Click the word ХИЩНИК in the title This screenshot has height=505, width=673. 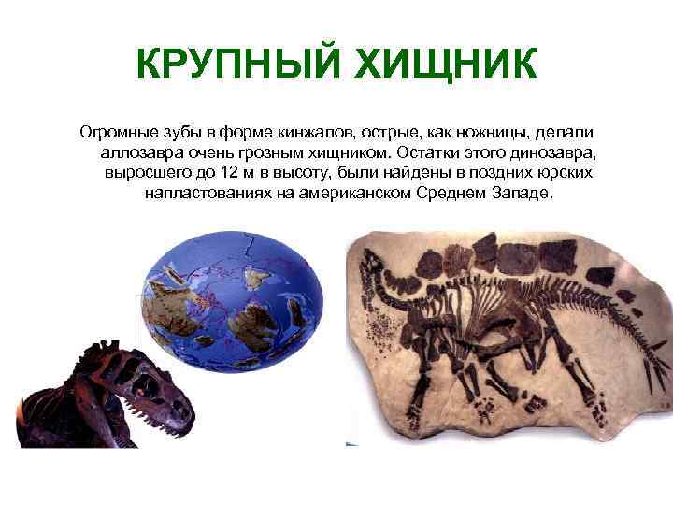pos(441,65)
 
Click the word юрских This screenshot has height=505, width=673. pos(564,174)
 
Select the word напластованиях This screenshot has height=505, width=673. pos(205,195)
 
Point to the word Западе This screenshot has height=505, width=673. pos(526,195)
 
